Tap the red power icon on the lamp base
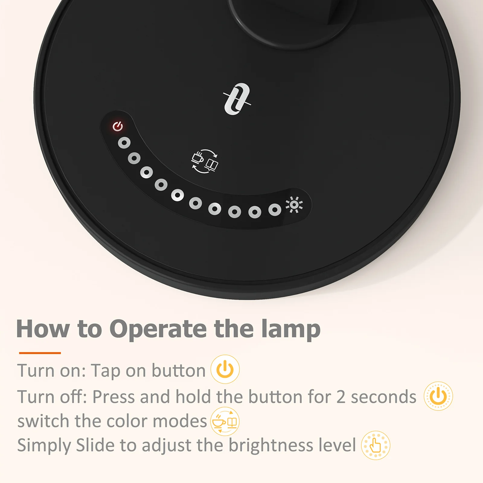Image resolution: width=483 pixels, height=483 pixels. (x=118, y=126)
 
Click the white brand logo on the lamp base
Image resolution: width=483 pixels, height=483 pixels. (x=237, y=99)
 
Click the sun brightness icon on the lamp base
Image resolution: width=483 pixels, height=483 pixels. (x=294, y=205)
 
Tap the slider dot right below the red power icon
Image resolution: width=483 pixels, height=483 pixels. (x=124, y=143)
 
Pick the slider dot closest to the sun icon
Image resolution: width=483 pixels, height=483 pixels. (x=275, y=210)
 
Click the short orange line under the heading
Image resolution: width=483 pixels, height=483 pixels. (x=40, y=353)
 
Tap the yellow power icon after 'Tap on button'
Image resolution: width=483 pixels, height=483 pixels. (x=225, y=369)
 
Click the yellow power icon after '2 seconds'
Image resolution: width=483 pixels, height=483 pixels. (x=438, y=396)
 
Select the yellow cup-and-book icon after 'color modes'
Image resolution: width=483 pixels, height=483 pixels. (x=225, y=421)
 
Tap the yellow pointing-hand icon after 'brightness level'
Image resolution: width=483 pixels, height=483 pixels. (x=376, y=445)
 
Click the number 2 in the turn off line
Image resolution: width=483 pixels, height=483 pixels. (x=341, y=397)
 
